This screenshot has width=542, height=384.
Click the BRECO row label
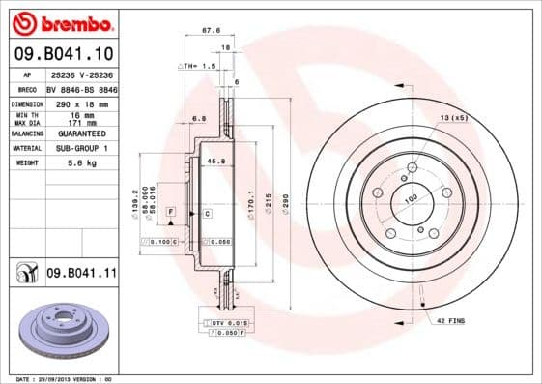point(27,88)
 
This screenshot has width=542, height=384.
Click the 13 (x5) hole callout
point(454,117)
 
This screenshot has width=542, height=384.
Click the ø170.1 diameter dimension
point(250,204)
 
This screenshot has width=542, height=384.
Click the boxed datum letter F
point(170,211)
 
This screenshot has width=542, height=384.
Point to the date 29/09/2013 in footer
point(60,379)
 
